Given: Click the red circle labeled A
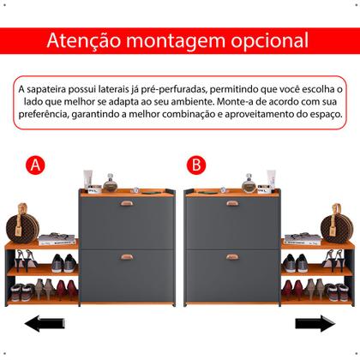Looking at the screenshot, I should pos(35,165).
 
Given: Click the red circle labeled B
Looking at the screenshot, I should pos(196,165).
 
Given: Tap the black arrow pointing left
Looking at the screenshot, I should pos(44,324).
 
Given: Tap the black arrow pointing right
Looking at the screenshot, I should pos(315,324).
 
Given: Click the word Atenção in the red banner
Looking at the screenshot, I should pos(86,40).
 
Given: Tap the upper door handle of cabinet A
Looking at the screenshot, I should pos(127,203).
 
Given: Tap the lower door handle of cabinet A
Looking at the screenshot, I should pos(127,256).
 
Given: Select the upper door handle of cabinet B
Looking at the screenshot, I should pos(232,203).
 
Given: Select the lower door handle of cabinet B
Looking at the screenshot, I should pos(232,256).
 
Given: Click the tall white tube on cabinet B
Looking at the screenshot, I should pos(271,178).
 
